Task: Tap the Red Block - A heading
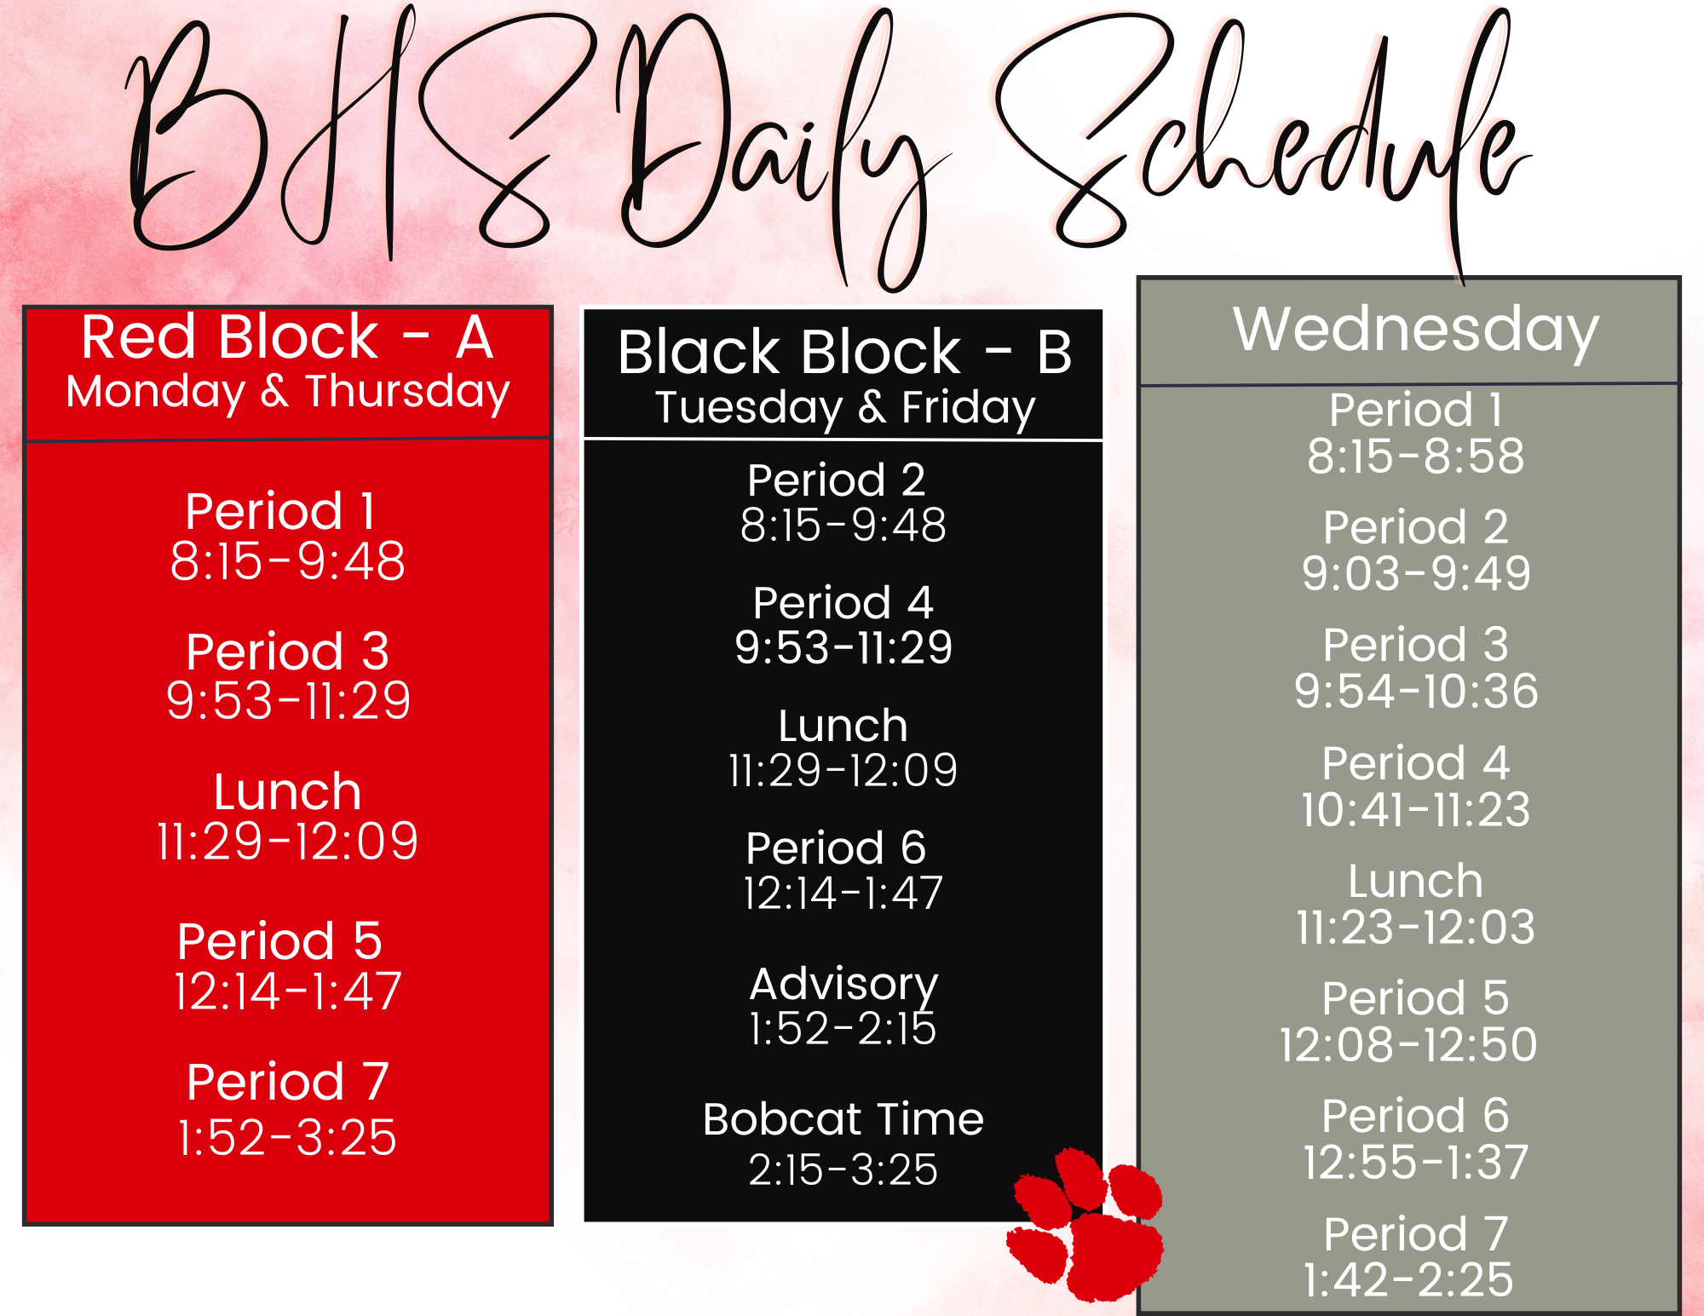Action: coord(287,336)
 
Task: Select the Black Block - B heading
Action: coord(844,352)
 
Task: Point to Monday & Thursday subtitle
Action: coord(288,392)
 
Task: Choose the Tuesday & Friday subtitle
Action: coord(844,407)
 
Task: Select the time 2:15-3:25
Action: coord(843,1169)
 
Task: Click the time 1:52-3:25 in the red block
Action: coord(287,1137)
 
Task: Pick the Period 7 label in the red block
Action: coord(287,1082)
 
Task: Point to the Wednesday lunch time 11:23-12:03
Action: coord(1415,927)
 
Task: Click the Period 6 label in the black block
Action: coord(836,848)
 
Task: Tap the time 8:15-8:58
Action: coord(1415,456)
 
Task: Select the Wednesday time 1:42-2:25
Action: coord(1409,1279)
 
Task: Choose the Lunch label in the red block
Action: coord(288,792)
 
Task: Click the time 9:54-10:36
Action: coord(1416,691)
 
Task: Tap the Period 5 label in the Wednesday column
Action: coord(1415,998)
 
